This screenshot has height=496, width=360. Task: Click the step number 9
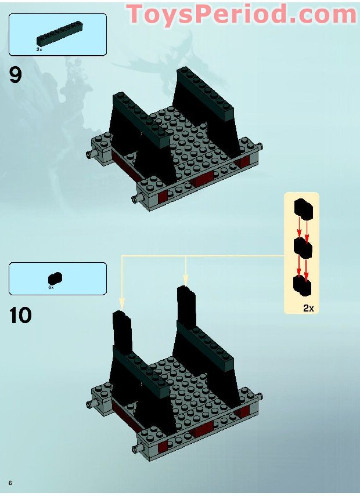[x=16, y=75]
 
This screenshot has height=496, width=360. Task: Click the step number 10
[x=20, y=315]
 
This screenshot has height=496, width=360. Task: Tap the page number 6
[x=10, y=483]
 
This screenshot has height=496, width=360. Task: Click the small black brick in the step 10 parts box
[x=55, y=278]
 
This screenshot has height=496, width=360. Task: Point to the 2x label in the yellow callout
[x=308, y=308]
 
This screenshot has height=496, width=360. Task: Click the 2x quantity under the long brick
[x=39, y=50]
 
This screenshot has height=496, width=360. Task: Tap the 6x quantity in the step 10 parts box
[x=51, y=287]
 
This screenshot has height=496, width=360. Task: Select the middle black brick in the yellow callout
[x=303, y=248]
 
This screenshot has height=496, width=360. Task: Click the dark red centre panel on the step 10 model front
[x=204, y=430]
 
